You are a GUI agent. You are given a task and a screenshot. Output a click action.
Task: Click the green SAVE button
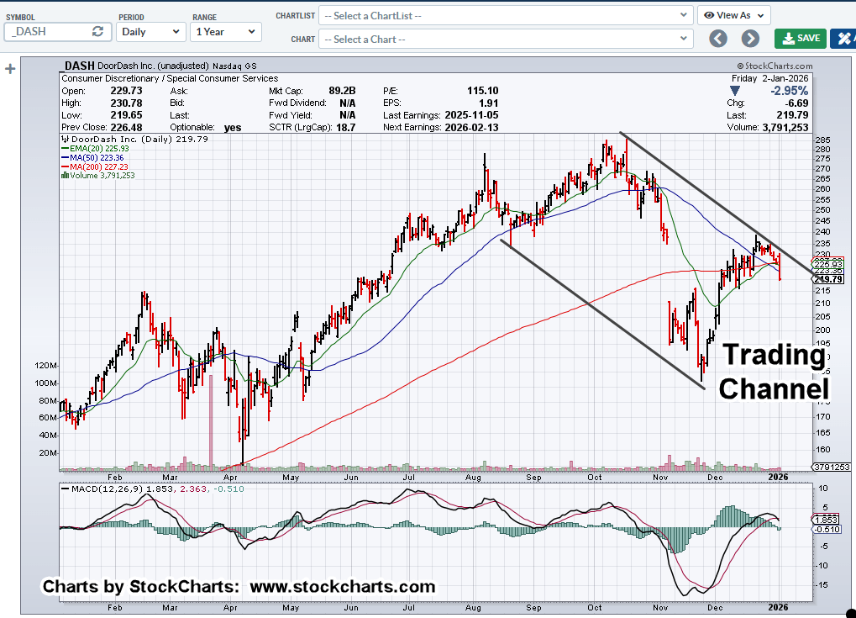800,38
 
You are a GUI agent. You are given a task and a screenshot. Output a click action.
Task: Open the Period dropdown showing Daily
150,31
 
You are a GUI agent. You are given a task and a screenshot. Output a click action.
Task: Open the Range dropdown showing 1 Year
225,31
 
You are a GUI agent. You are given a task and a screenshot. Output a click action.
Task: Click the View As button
733,15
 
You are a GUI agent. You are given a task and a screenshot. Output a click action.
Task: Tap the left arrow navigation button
717,38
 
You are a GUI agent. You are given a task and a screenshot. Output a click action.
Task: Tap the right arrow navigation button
750,38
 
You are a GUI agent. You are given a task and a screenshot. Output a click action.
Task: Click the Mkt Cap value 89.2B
343,90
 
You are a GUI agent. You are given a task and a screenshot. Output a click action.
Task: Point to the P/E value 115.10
482,90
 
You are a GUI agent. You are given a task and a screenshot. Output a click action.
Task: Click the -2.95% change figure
789,90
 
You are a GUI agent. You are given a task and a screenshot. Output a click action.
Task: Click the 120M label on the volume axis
45,366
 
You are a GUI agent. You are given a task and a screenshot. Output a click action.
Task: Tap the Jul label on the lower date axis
410,606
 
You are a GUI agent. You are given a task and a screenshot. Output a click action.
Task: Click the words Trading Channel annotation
774,372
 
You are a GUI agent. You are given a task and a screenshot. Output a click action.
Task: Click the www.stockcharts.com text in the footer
343,587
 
